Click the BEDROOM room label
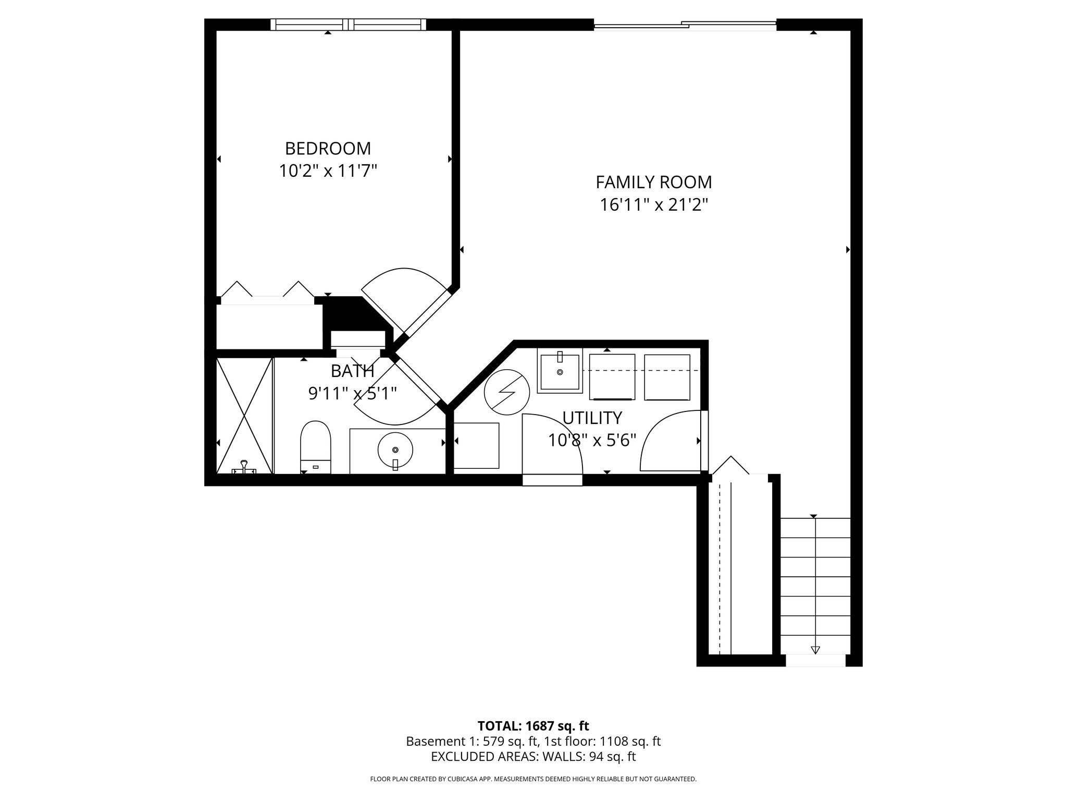coord(328,149)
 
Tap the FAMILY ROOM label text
coord(654,182)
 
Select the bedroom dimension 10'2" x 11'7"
coord(328,171)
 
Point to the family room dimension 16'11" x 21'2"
coord(654,205)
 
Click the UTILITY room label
coord(592,418)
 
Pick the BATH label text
coord(353,371)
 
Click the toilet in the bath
coord(316,447)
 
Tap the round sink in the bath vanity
coord(395,449)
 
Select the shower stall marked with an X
coord(244,416)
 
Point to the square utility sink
coord(560,372)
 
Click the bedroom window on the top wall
coord(349,25)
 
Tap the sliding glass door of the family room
coord(685,25)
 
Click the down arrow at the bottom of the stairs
coord(815,650)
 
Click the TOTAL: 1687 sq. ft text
coord(533,726)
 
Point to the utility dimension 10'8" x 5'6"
coord(592,441)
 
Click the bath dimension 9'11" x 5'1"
coord(353,393)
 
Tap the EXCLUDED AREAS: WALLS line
coord(533,757)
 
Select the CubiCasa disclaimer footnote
coord(533,779)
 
